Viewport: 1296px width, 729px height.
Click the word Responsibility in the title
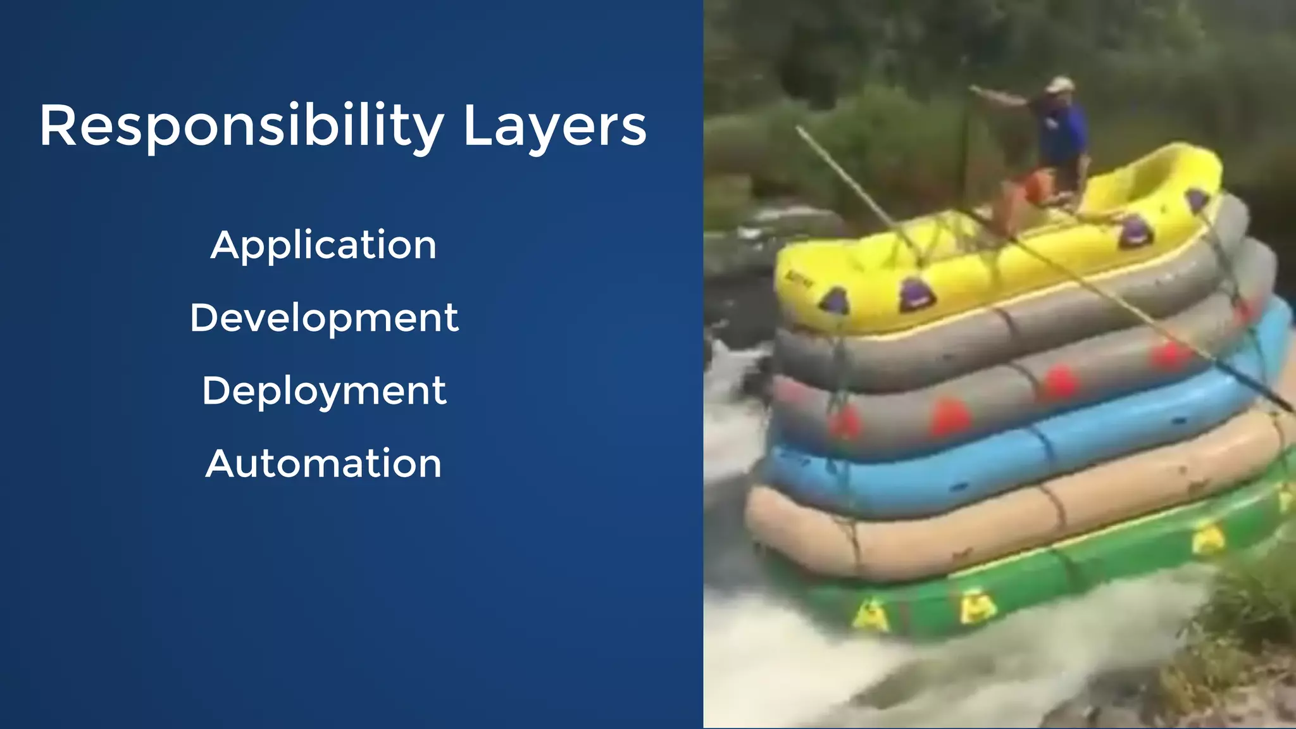pos(240,127)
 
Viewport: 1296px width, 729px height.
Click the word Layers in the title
pos(554,127)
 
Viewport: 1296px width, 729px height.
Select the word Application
pos(323,246)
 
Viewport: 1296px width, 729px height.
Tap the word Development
pos(324,318)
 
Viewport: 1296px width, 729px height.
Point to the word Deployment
pos(324,391)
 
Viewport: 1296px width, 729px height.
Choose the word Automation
pos(323,463)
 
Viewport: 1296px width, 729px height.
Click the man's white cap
pos(1059,84)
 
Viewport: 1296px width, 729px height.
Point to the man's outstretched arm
pos(1003,96)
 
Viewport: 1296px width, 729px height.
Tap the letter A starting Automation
pos(220,463)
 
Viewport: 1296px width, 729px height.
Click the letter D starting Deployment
pos(215,390)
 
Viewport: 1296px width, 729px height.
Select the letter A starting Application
pos(225,245)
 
